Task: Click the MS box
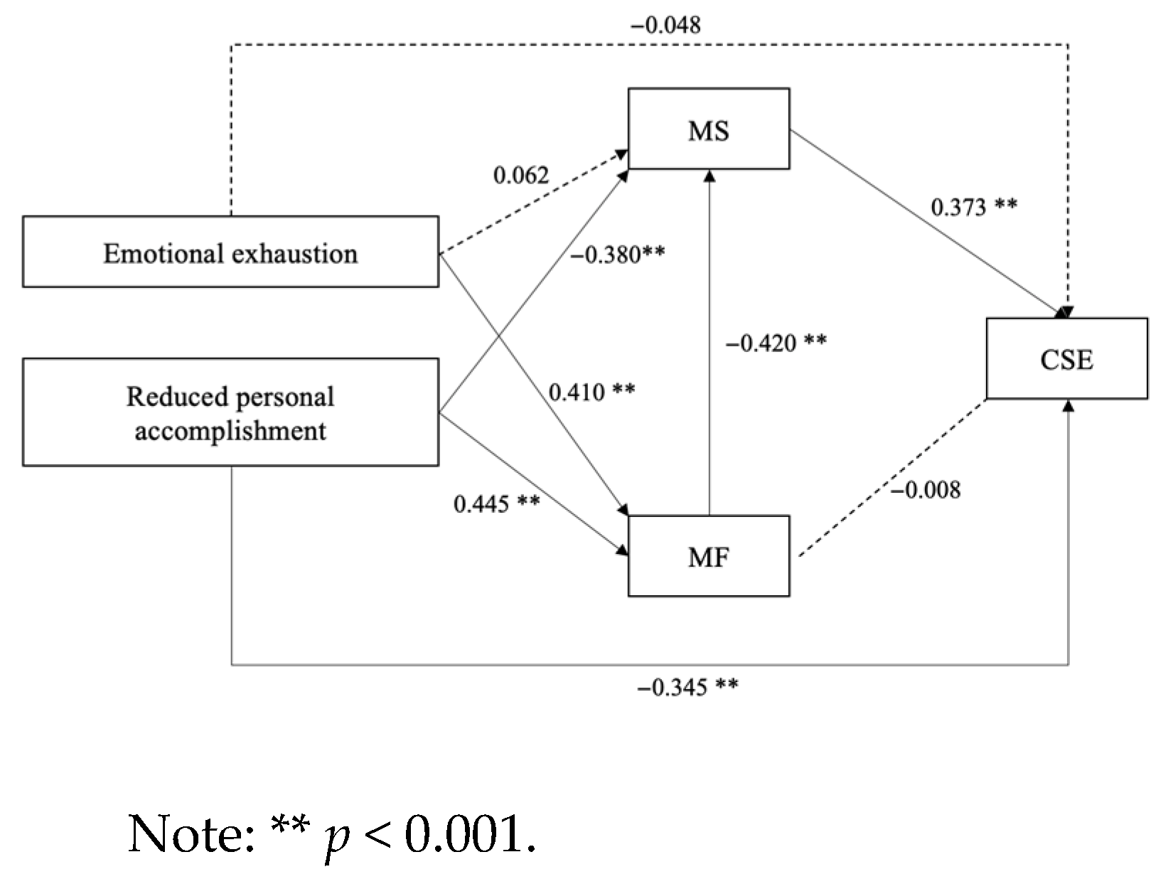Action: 708,129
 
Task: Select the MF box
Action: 708,555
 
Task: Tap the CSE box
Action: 1066,358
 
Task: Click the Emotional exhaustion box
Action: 230,252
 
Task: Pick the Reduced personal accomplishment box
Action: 230,412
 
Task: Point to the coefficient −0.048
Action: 665,25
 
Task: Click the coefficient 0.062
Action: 521,174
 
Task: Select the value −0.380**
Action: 617,254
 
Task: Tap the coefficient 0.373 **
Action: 973,207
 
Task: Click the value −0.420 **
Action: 776,343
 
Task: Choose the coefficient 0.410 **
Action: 591,391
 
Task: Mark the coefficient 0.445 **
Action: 496,504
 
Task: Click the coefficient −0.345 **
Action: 687,687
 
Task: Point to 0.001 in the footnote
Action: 469,833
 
